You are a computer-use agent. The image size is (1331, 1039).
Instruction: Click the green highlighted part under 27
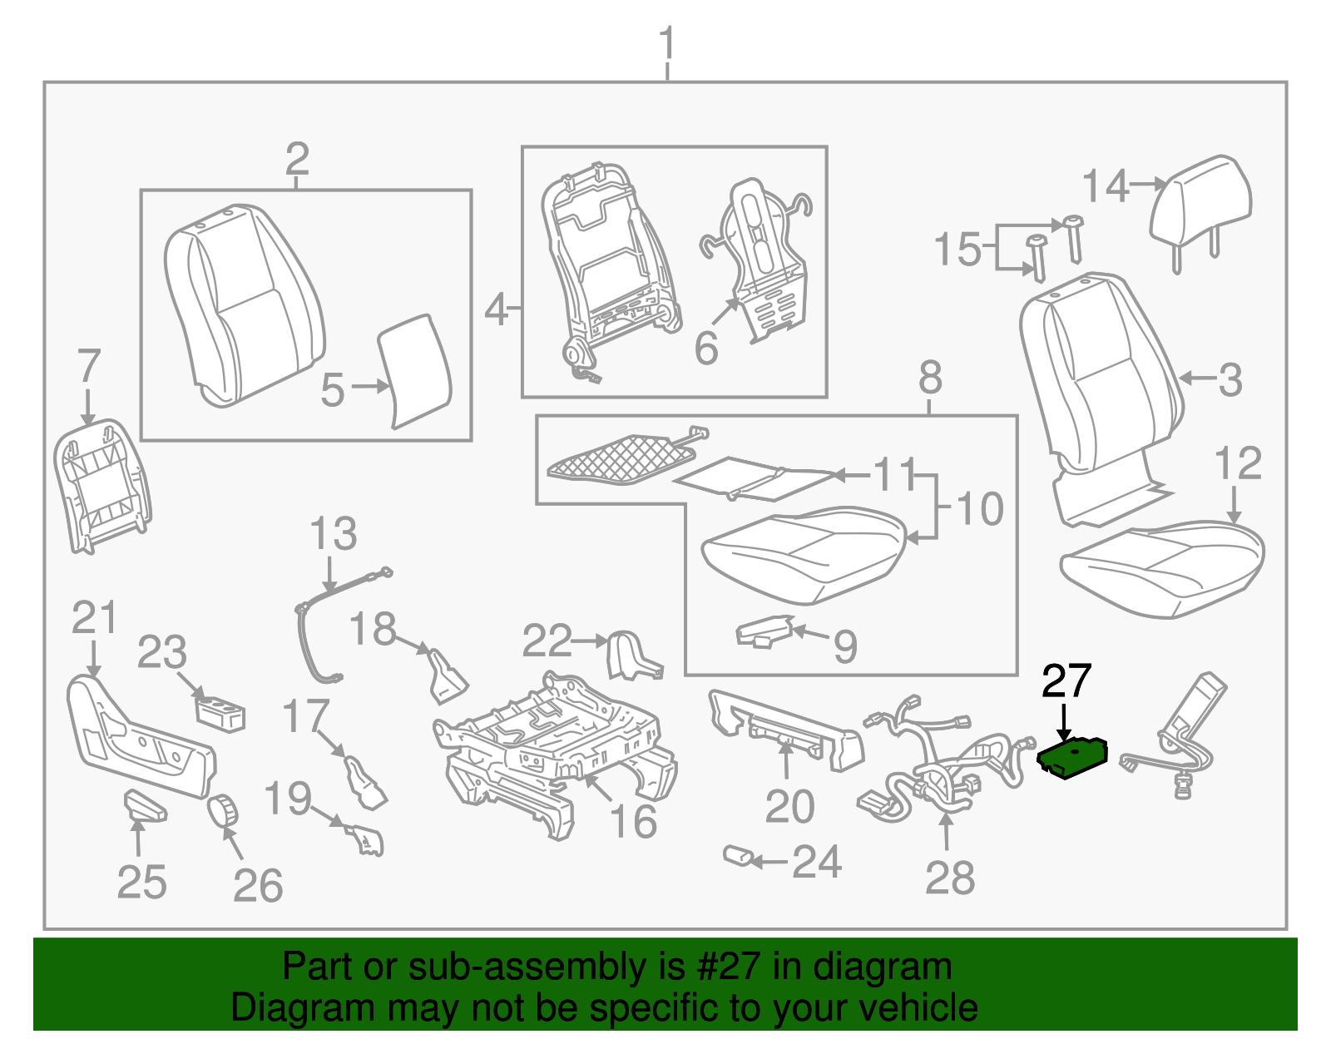click(1071, 758)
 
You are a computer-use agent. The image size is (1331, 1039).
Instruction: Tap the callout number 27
click(1066, 682)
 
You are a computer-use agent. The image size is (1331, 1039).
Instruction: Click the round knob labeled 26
click(223, 810)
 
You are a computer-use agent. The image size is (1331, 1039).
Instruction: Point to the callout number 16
click(633, 822)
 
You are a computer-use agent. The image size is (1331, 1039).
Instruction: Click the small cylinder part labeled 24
click(737, 856)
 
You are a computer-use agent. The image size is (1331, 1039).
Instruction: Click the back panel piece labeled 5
click(413, 370)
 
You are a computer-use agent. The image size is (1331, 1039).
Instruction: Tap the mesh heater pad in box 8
click(620, 458)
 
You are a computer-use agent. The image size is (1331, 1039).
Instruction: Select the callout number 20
click(789, 807)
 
